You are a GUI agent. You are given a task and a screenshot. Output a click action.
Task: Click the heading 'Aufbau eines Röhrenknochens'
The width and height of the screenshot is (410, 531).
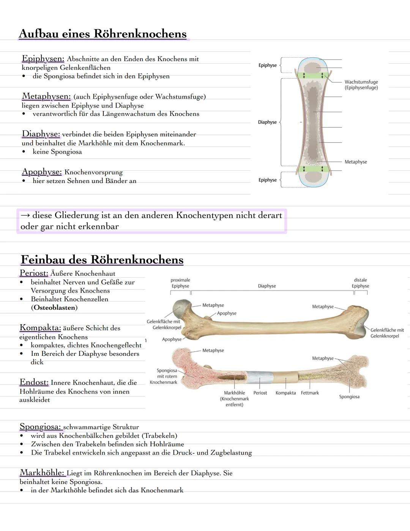[102, 34]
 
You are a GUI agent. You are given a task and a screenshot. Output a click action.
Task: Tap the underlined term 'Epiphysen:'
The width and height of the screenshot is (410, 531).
[43, 59]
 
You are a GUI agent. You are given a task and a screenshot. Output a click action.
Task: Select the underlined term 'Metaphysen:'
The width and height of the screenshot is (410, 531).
[46, 96]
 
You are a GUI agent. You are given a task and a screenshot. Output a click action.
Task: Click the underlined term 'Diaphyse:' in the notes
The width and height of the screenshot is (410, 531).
[41, 134]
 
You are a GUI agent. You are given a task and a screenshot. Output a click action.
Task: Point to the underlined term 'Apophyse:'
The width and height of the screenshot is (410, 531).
[41, 172]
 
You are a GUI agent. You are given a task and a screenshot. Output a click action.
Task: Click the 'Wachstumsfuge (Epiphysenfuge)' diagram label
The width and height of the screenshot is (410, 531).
[361, 85]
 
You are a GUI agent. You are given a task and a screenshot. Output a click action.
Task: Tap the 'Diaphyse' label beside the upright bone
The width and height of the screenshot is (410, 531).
[267, 122]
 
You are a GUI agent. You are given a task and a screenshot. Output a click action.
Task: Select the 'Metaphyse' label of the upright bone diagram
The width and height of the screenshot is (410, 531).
[356, 162]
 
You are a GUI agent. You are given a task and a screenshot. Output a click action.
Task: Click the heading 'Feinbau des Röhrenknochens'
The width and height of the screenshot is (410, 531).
[102, 260]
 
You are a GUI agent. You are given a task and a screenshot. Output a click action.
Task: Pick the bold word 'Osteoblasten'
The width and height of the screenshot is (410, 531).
[54, 308]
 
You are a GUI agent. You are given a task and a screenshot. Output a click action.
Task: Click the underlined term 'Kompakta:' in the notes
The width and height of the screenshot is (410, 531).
[40, 328]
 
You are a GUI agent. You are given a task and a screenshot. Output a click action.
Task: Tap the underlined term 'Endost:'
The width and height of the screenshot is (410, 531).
[34, 382]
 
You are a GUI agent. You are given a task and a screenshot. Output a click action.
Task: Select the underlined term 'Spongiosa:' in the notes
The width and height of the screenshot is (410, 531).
[41, 427]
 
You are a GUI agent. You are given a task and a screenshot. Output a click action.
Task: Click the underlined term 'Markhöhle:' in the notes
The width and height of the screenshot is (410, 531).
[42, 473]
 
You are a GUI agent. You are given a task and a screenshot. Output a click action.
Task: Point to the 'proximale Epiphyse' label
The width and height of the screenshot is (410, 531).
[180, 283]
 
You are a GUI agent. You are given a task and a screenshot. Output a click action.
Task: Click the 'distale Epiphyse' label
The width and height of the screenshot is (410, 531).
[360, 283]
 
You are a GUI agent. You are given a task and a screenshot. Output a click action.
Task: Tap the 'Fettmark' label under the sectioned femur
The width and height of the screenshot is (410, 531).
[310, 393]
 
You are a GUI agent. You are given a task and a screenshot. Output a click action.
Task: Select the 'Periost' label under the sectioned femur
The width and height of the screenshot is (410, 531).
[260, 393]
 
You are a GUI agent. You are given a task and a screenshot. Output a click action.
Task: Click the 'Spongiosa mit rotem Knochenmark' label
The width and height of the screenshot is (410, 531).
[164, 376]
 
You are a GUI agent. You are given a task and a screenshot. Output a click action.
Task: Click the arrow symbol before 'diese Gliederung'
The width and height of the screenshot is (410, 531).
[25, 216]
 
